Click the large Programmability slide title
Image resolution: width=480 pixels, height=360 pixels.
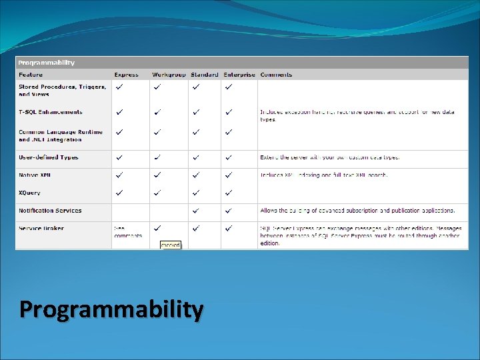click(111, 310)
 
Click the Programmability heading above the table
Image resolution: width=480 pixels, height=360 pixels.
click(47, 63)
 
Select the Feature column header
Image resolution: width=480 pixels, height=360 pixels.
click(31, 75)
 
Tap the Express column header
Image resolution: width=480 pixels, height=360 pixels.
click(127, 75)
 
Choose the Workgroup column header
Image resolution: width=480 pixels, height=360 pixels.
click(169, 75)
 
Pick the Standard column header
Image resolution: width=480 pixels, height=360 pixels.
click(204, 75)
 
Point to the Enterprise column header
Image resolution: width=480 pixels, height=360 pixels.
click(239, 75)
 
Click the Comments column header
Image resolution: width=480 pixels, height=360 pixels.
click(276, 75)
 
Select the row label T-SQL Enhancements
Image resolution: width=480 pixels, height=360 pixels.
click(51, 112)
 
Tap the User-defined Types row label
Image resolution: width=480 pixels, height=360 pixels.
click(49, 157)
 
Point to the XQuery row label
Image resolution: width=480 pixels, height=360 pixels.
click(29, 193)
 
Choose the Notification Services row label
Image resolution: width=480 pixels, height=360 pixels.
click(50, 211)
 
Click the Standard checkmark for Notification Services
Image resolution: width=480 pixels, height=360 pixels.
click(196, 211)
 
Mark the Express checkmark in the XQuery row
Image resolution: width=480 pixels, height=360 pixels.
click(119, 193)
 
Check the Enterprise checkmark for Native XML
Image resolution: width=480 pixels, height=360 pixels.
click(229, 175)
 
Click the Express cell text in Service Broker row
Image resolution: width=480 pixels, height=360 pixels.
click(127, 231)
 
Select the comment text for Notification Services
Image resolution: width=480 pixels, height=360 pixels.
click(357, 211)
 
